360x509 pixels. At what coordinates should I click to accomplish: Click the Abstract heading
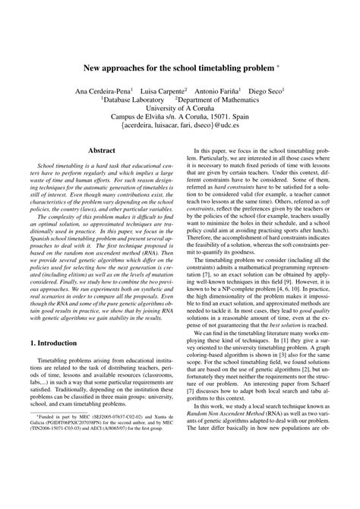(101, 151)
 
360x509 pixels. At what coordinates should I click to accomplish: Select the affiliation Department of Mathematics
(219, 99)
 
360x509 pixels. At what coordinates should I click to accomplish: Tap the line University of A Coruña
(180, 108)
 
